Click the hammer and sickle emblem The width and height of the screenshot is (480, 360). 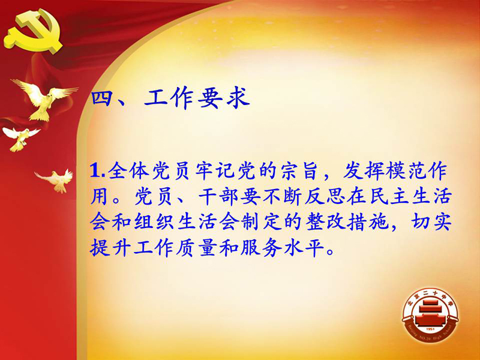point(34,31)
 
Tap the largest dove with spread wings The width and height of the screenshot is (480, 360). point(45,100)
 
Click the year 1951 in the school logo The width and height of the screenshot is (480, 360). point(430,329)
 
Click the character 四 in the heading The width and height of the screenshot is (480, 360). point(101,98)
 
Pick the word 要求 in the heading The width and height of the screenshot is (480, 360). point(224,98)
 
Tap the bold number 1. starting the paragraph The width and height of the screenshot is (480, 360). point(97,171)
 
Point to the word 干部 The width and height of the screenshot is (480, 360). point(217,196)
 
